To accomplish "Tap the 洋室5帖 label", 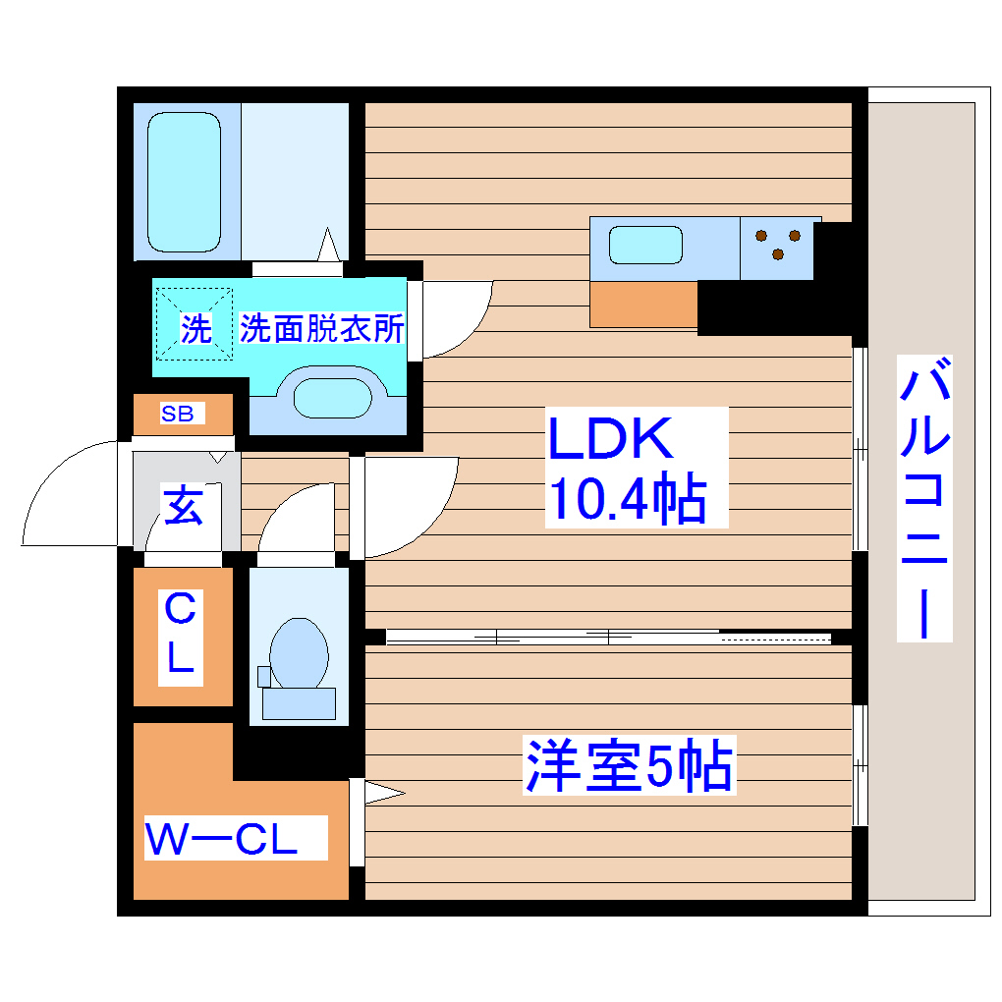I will click(x=629, y=767).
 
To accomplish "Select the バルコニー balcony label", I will click(x=924, y=501).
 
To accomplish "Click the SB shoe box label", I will click(x=178, y=414).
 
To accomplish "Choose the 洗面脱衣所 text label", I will click(x=322, y=329).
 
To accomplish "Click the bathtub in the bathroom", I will click(x=184, y=182).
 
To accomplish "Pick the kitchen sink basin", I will click(x=645, y=244).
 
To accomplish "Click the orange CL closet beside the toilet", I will click(x=183, y=637).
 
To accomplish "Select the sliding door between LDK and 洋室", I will click(x=609, y=637).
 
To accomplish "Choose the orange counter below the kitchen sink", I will click(x=643, y=305).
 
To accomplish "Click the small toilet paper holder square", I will click(x=262, y=676).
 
